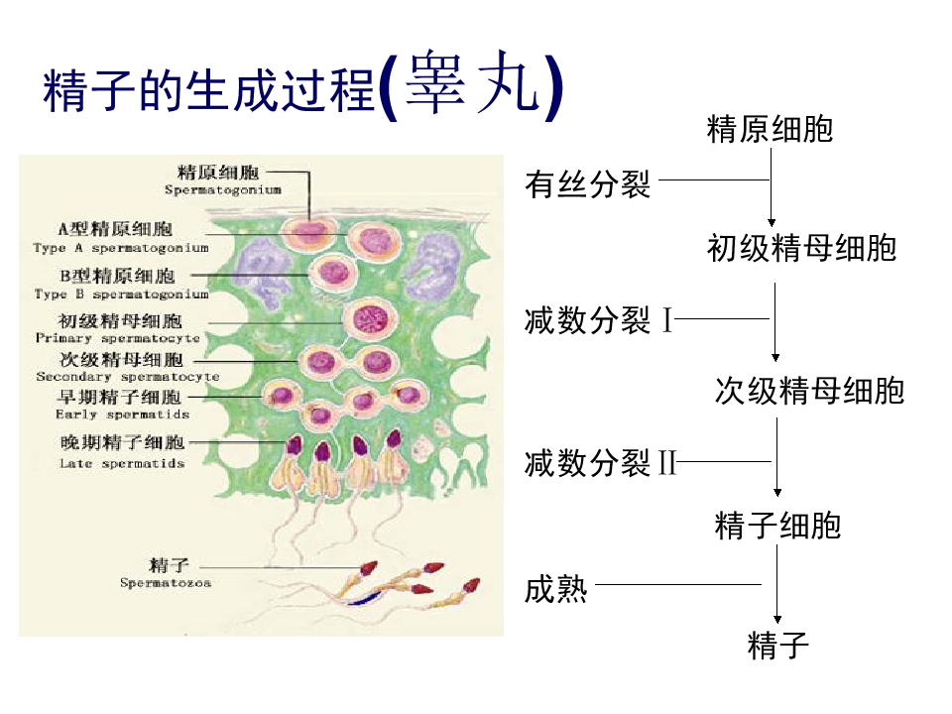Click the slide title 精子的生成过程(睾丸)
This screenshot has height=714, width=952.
click(303, 85)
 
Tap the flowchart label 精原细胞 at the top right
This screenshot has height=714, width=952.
click(770, 129)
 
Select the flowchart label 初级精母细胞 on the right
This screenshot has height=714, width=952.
click(801, 248)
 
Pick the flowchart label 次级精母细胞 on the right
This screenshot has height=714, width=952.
click(809, 391)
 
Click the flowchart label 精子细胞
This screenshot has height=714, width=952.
click(777, 526)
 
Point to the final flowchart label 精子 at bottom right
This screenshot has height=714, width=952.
click(777, 645)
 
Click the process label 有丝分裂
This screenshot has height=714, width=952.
click(588, 184)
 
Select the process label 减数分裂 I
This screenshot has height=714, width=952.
click(599, 320)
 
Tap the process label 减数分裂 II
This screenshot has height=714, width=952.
click(601, 463)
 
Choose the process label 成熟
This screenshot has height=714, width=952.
click(555, 589)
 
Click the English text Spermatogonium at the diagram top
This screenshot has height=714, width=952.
click(223, 190)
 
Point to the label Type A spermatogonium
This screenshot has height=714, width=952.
click(121, 248)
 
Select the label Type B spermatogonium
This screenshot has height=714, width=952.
click(121, 295)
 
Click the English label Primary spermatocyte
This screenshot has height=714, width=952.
click(118, 338)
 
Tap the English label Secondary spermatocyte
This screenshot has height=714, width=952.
click(128, 377)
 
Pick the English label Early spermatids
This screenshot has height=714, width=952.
click(122, 415)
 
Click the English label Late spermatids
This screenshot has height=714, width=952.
click(121, 463)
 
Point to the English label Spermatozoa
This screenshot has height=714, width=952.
click(166, 583)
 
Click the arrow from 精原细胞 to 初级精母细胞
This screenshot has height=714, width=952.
click(772, 187)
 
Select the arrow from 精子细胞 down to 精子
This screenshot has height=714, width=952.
click(777, 583)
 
